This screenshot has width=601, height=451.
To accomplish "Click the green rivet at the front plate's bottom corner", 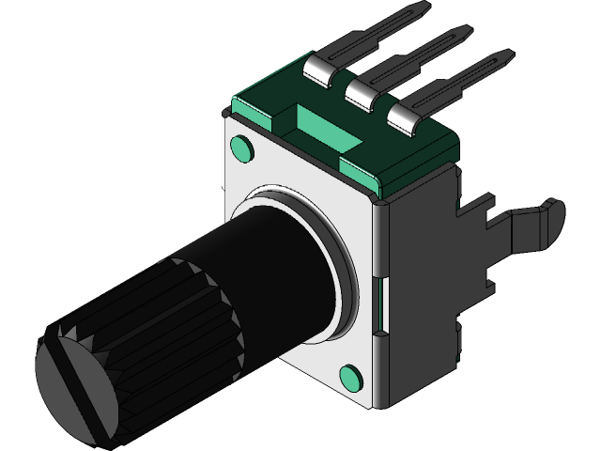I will pyautogui.click(x=351, y=377).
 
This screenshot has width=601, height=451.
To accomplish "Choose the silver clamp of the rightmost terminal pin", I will pyautogui.click(x=404, y=114).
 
